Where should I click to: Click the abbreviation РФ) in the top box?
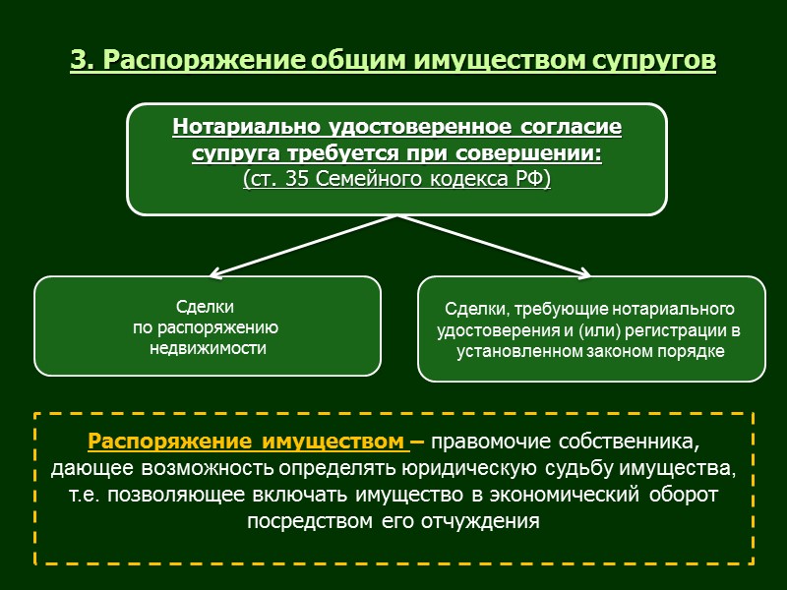532,179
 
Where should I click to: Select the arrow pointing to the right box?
502,247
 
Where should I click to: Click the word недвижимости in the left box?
208,348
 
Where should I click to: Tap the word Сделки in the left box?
208,307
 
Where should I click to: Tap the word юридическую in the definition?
517,466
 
